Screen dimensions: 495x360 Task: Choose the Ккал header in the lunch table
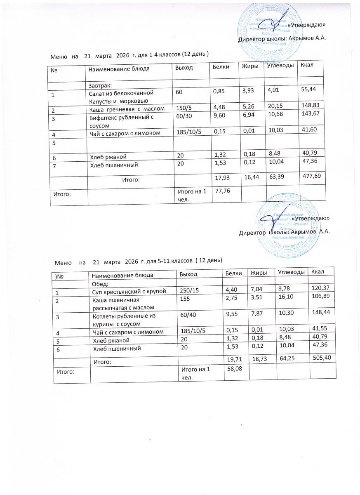point(317,271)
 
